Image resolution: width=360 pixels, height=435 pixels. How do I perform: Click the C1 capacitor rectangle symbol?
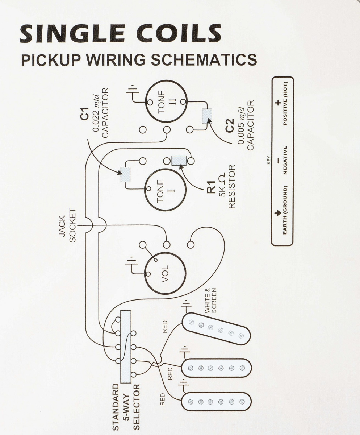click(x=125, y=174)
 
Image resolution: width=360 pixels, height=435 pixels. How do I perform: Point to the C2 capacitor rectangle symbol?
click(x=206, y=116)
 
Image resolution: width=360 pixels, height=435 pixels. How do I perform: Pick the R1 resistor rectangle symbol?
click(x=179, y=160)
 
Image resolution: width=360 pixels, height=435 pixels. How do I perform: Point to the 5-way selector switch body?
click(x=125, y=346)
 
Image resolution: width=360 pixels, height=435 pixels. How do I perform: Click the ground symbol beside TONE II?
click(x=132, y=91)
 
